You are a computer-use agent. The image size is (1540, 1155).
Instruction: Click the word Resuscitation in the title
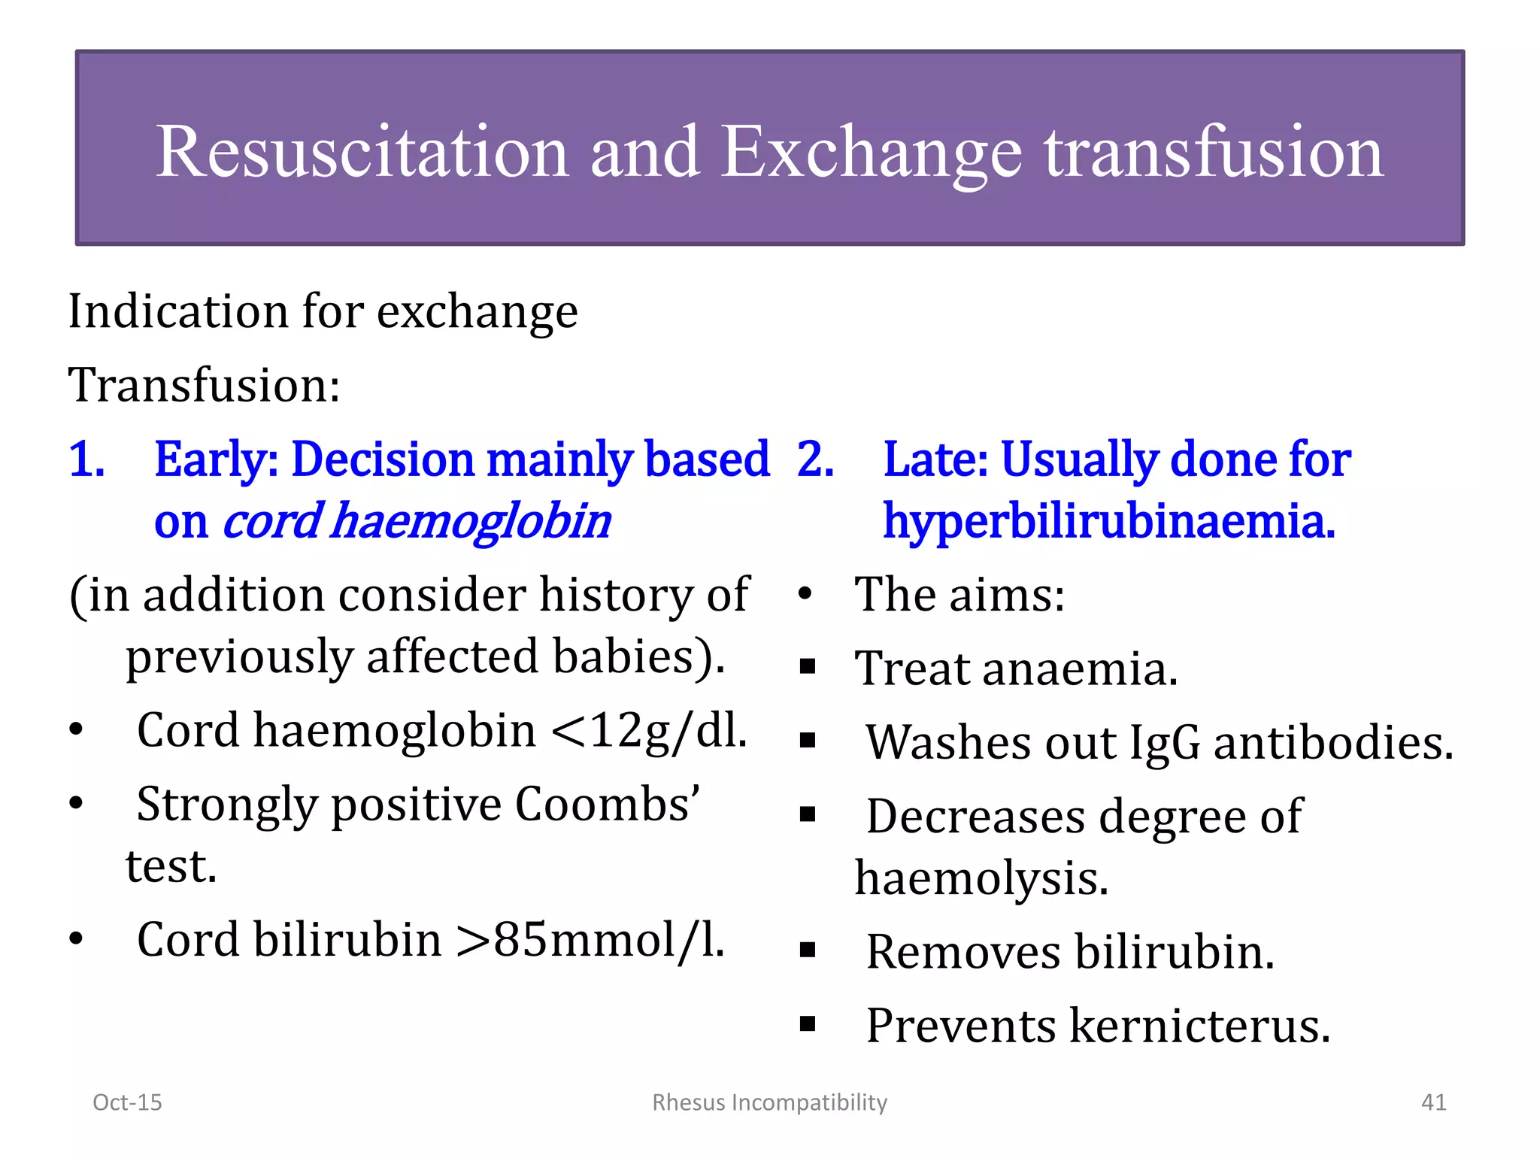tap(362, 153)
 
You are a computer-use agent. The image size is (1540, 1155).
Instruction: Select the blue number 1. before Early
tap(87, 459)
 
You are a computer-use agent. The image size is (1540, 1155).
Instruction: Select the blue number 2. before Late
tap(815, 459)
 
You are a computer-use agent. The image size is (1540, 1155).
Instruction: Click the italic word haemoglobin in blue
tap(471, 522)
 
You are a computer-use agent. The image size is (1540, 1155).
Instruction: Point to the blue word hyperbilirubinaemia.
tap(1108, 522)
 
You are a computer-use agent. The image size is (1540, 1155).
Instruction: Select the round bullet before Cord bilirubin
tap(76, 940)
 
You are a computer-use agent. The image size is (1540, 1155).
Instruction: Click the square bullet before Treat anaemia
tap(808, 667)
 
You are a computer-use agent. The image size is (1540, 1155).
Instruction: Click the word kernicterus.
tap(1199, 1026)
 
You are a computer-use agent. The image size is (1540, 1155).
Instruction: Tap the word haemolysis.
tap(981, 879)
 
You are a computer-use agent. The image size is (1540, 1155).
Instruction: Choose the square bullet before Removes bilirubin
tap(808, 950)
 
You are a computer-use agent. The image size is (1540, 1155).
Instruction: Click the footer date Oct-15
tap(127, 1102)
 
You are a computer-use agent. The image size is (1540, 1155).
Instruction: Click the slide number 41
tap(1433, 1102)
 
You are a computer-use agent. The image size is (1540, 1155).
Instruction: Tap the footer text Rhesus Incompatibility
tap(769, 1102)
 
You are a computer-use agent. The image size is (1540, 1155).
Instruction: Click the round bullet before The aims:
tap(805, 595)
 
